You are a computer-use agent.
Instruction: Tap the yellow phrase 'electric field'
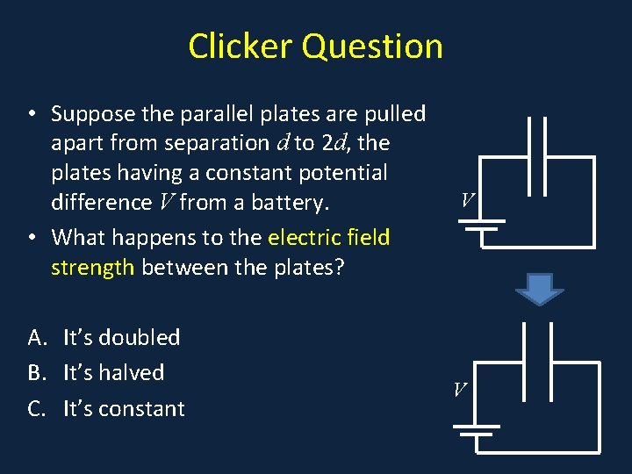click(328, 237)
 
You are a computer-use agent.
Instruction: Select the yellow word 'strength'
click(92, 267)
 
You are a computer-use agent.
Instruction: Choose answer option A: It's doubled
click(121, 338)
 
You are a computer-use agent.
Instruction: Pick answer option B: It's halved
click(113, 373)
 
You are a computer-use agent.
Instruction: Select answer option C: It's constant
click(124, 409)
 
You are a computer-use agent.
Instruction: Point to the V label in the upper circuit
click(468, 202)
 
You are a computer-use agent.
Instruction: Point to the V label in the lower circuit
click(460, 389)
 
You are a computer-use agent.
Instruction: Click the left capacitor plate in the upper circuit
click(529, 155)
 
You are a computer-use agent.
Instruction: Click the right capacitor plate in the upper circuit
click(548, 155)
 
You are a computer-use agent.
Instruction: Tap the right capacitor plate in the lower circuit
click(552, 362)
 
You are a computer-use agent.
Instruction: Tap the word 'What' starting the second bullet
click(77, 237)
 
